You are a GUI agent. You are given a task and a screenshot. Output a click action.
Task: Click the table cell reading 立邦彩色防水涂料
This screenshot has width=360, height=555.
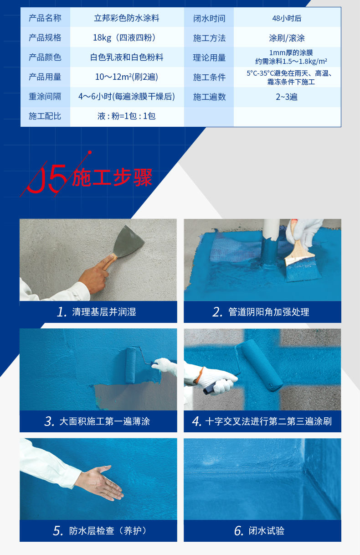(127, 18)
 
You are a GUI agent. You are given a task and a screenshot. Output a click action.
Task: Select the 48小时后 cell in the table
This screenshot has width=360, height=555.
(287, 18)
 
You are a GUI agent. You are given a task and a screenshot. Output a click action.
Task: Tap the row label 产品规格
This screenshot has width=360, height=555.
(45, 37)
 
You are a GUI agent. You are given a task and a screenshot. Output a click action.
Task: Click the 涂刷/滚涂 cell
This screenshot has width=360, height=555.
(287, 38)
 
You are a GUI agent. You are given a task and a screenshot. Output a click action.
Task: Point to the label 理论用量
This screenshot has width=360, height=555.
(209, 57)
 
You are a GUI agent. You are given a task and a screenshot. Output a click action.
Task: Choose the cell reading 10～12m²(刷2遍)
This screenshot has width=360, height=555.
(127, 77)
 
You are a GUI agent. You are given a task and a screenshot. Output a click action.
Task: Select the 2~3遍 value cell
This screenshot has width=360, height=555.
(287, 97)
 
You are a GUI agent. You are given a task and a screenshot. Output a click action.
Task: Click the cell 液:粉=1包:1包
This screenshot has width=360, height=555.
(127, 116)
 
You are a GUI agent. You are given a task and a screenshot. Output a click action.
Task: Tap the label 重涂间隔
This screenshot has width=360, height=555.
(45, 96)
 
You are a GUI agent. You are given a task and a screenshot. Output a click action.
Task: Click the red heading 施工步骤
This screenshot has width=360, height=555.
(112, 177)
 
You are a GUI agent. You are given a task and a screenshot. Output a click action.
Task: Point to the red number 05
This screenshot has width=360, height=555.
(47, 178)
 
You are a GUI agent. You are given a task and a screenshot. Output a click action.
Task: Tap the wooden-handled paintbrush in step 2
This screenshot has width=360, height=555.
(300, 258)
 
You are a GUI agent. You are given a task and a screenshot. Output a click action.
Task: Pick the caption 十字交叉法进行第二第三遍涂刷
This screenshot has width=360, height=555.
(268, 421)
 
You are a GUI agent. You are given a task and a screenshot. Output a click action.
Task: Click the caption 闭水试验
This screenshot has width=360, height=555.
(267, 531)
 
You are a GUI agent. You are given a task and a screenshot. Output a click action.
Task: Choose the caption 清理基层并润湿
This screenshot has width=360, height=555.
(104, 311)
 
